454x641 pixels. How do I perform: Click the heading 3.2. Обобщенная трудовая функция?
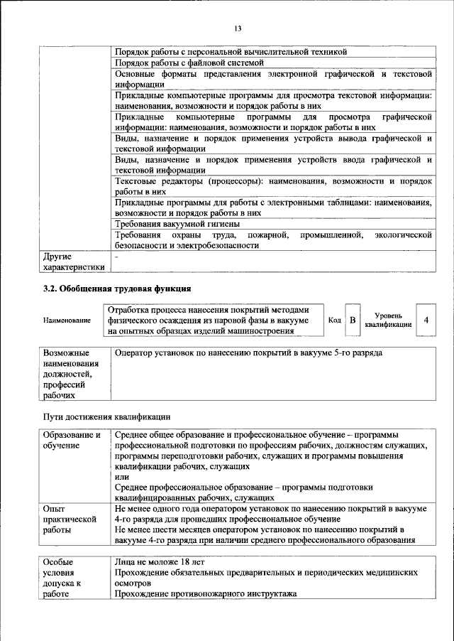(x=118, y=289)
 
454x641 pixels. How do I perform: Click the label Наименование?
(x=67, y=320)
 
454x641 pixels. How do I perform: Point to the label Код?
(x=335, y=320)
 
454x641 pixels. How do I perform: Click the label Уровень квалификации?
(x=388, y=320)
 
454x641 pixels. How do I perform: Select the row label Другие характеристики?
(x=73, y=261)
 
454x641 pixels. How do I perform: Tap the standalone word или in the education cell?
(x=121, y=477)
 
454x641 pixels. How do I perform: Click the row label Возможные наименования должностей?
(x=71, y=374)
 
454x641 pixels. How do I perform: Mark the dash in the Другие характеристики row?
(x=117, y=255)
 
